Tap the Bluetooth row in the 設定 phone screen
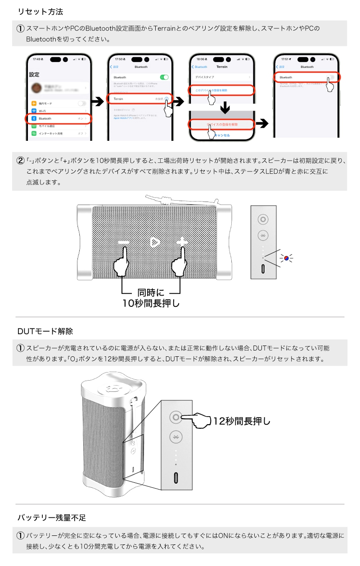59,119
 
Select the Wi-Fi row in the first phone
59,111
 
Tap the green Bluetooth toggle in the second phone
165,77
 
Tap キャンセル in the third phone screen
222,135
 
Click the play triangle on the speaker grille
154,243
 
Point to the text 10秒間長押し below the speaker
151,303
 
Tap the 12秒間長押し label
242,422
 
